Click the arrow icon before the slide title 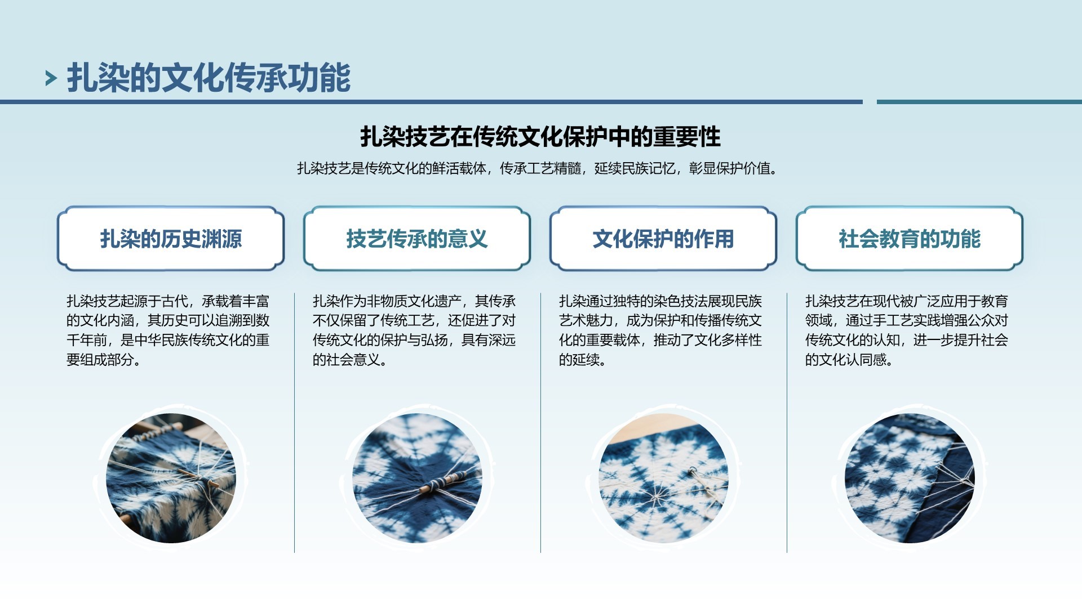[51, 78]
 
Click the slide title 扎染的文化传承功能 [209, 78]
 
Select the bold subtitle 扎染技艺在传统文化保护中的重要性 [540, 137]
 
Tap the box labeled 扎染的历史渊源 [171, 239]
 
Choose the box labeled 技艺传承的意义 [417, 239]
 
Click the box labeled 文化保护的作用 [663, 239]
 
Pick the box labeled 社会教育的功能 [910, 239]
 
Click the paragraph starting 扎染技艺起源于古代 [168, 330]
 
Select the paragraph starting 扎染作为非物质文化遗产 [414, 330]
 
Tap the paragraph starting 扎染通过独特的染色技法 [660, 330]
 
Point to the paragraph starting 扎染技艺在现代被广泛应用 [907, 330]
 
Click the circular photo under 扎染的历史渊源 [171, 479]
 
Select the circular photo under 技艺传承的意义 [417, 479]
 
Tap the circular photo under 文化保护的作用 [663, 479]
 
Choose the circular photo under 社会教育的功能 [910, 479]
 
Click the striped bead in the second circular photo [444, 481]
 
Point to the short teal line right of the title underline [979, 102]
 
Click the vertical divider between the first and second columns [294, 422]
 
